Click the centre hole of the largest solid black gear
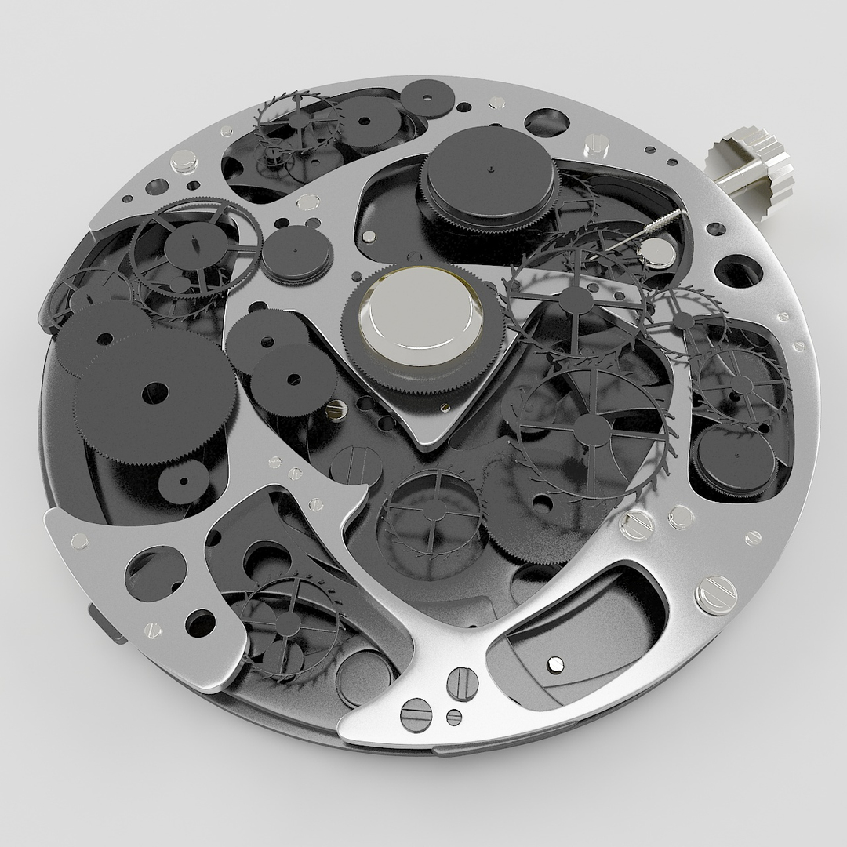(155, 392)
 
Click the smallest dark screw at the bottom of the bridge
(453, 716)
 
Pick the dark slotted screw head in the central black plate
(356, 464)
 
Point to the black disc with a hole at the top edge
(429, 100)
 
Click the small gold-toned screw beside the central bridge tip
(445, 407)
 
